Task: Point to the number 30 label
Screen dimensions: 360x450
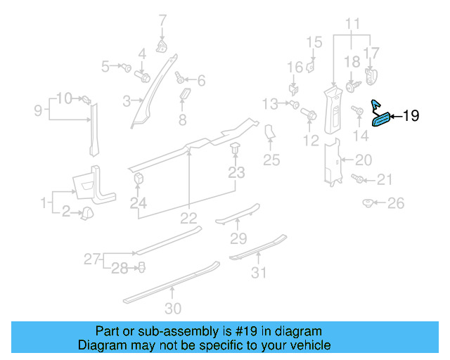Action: point(173,308)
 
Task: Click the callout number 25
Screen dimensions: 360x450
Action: point(271,160)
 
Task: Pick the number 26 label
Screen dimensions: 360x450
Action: point(397,204)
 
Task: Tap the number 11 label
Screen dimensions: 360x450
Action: point(352,22)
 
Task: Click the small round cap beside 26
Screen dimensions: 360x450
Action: point(367,203)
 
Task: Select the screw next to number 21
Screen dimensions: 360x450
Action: point(359,180)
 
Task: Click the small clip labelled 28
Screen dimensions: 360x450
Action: point(141,266)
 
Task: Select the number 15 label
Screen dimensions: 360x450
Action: point(314,42)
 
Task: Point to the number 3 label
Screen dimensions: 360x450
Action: point(127,101)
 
